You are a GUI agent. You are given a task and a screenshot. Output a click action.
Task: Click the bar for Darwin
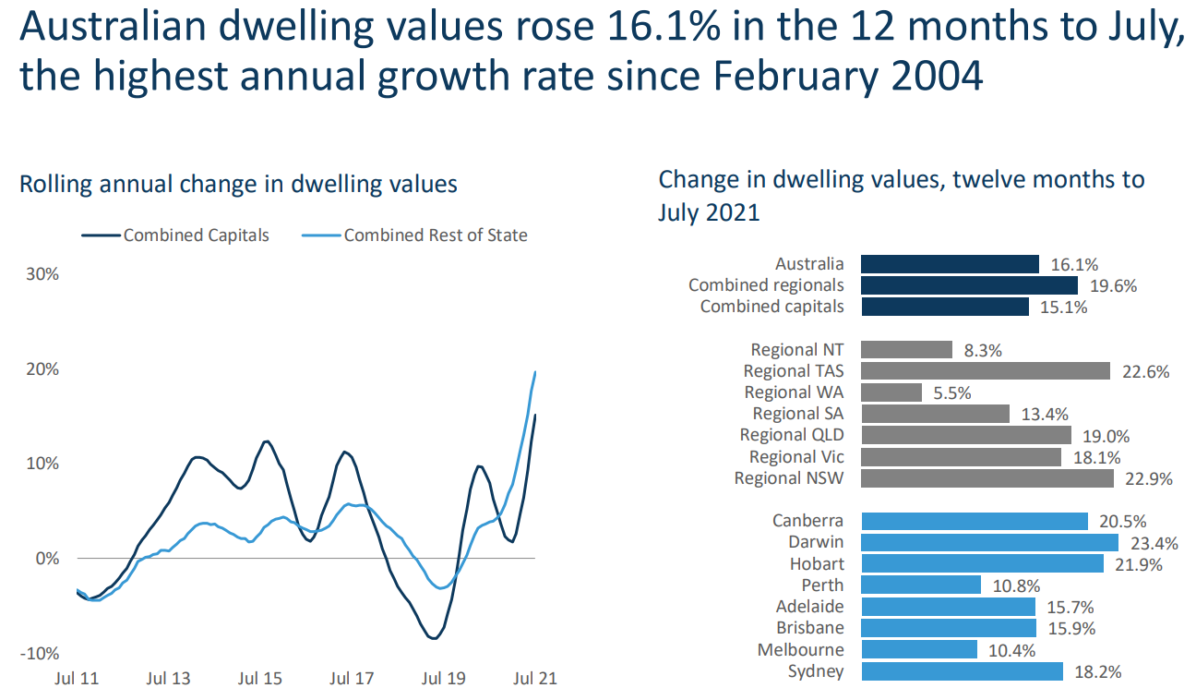click(x=989, y=542)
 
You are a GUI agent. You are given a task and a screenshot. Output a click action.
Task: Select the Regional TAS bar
click(x=985, y=371)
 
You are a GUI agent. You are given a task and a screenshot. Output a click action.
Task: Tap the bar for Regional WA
click(x=891, y=392)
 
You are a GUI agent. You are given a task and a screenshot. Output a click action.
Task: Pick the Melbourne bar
click(x=918, y=649)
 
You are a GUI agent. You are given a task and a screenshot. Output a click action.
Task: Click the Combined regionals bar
click(x=969, y=285)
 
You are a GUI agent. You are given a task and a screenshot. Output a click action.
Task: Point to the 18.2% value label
click(x=1098, y=672)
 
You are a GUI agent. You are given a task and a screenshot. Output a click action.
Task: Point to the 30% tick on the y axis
click(x=42, y=274)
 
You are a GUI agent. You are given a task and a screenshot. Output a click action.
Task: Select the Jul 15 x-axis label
click(x=260, y=679)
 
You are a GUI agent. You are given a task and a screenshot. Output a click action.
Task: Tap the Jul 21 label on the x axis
click(x=535, y=679)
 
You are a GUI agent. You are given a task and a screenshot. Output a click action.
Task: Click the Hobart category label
click(x=817, y=563)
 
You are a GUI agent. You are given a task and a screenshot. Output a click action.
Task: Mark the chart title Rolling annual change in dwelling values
click(x=238, y=184)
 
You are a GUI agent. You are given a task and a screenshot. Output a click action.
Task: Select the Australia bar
click(x=950, y=264)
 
